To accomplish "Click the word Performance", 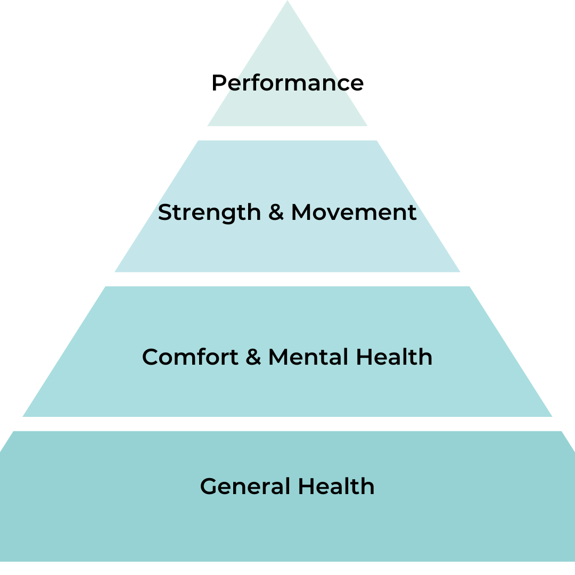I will coord(287,83).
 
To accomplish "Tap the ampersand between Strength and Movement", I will coord(276,212).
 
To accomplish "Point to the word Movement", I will coord(354,212).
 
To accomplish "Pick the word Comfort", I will coord(190,357).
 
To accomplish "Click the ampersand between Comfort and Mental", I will coord(253,357).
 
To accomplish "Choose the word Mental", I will coord(309,357).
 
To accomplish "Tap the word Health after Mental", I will coord(394,357).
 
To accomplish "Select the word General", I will coord(245,487).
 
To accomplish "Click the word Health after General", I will coord(336,487).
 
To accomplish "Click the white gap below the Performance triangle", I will coord(287,133).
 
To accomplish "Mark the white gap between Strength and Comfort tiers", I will coord(287,279).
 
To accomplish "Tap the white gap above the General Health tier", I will coord(287,424).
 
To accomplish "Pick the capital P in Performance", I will coord(219,83).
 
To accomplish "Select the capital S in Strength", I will coord(165,212).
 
